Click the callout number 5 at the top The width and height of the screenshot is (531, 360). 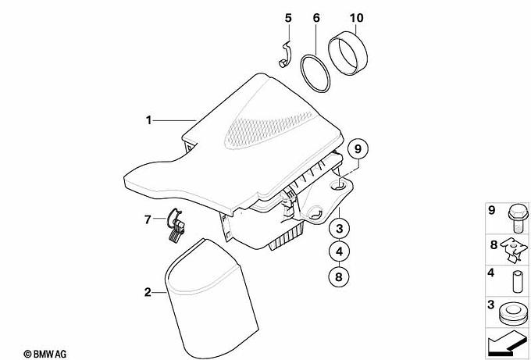288,18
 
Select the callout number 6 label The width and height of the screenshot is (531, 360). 316,18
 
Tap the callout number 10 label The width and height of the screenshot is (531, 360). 356,18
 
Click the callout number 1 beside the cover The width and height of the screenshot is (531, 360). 148,120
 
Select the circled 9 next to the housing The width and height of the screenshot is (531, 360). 358,148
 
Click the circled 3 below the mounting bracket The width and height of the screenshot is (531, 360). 340,229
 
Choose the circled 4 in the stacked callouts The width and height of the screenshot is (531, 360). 340,251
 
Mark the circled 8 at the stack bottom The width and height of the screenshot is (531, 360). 339,276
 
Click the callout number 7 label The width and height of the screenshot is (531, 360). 148,219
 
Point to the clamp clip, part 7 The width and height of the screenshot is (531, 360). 176,226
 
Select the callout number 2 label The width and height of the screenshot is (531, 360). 148,292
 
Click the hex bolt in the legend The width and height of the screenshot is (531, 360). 518,219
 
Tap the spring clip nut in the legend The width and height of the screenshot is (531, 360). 515,249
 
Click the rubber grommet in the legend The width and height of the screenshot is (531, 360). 513,315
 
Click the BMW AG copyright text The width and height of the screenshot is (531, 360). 45,355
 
